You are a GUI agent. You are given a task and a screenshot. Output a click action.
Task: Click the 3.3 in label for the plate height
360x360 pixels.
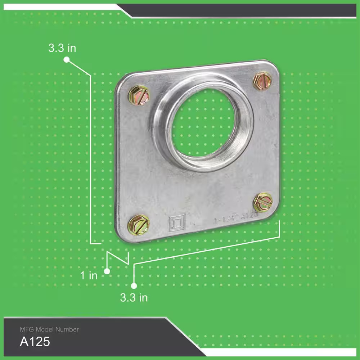pos(62,48)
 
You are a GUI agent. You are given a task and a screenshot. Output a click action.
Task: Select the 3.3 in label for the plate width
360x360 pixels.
pos(134,298)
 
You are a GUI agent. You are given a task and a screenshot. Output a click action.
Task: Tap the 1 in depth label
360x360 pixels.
pos(89,276)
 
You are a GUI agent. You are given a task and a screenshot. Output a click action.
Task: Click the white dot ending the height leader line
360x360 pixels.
pos(66,60)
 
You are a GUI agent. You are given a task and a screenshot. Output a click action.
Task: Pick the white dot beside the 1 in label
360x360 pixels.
pos(107,271)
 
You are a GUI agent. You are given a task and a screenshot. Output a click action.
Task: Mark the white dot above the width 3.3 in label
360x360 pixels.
pos(134,286)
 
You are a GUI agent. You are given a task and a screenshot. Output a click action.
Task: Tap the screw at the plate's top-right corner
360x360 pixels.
pos(262,81)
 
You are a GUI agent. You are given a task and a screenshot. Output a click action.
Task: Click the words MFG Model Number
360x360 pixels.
pos(49,329)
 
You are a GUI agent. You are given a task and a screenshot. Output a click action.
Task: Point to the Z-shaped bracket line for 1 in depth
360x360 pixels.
pos(118,258)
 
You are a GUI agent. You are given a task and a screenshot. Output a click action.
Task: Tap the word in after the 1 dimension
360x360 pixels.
pos(93,276)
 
